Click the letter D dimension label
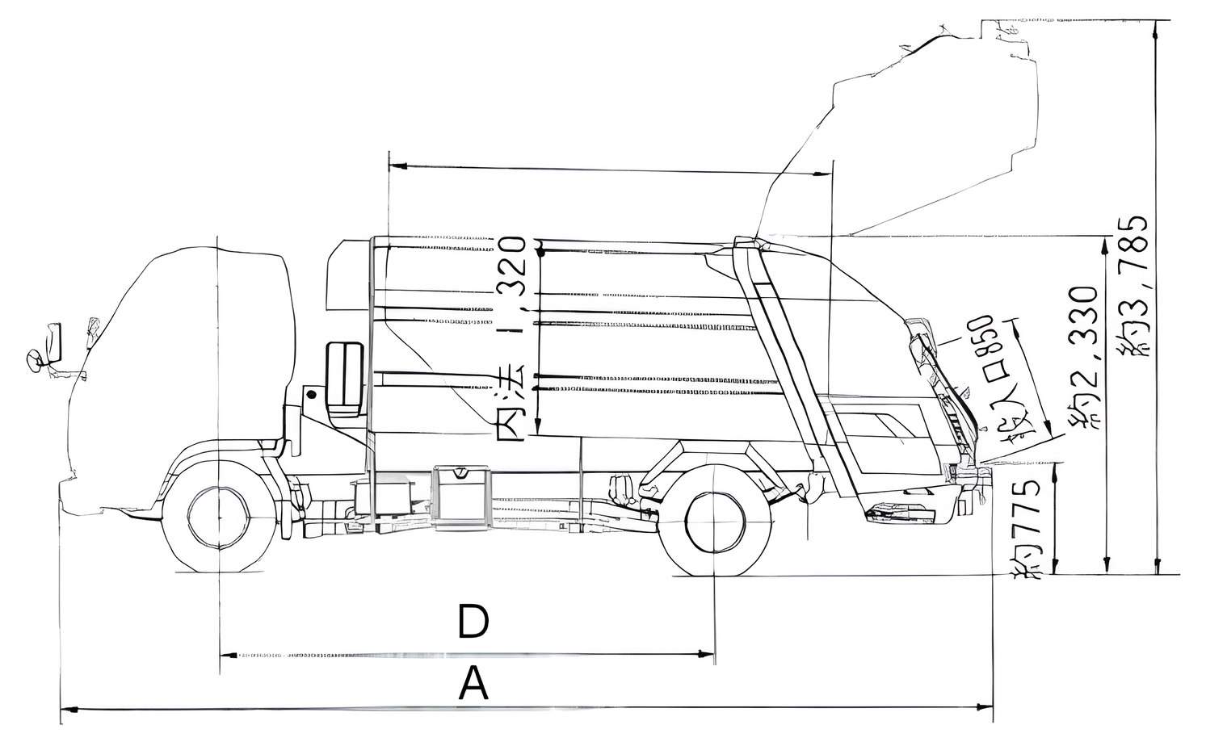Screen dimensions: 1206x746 tap(473, 622)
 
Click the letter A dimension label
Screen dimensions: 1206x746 tap(473, 685)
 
